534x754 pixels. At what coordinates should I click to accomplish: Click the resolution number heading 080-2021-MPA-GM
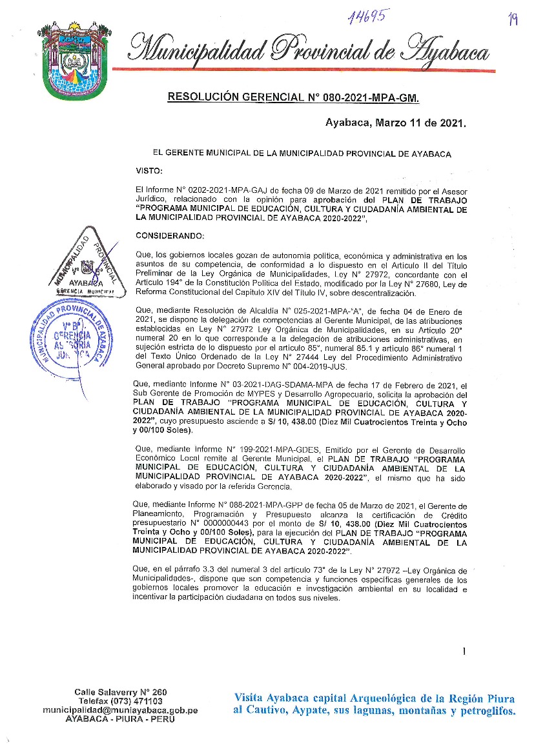[293, 98]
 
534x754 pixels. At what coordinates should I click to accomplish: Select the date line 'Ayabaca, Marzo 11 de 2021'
[395, 123]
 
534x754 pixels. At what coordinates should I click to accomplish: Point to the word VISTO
[150, 170]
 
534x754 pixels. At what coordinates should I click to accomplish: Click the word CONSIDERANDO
[170, 235]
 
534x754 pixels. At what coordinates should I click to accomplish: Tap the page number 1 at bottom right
[464, 651]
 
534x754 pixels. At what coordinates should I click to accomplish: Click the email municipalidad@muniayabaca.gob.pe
[120, 709]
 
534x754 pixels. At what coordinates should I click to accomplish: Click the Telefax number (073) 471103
[138, 700]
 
